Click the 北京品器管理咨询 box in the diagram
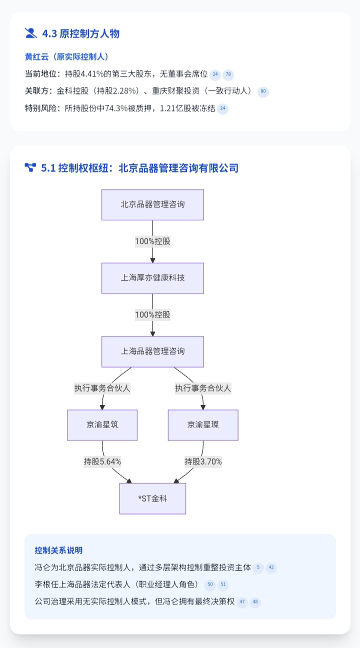point(152,205)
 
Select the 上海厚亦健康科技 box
point(152,278)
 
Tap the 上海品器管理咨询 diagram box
point(152,352)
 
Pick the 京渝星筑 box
point(102,425)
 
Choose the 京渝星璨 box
point(203,425)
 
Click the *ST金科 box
point(152,499)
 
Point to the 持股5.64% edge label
point(102,462)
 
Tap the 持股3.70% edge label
point(203,462)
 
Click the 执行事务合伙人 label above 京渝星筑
point(102,388)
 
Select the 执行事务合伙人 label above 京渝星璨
point(203,388)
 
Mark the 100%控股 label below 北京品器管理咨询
point(152,241)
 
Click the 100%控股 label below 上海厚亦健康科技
point(152,315)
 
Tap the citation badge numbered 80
point(263,92)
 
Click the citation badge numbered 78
point(228,75)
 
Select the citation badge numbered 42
point(271,568)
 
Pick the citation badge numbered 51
point(223,585)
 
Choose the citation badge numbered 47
point(242,602)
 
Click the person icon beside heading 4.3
point(31,33)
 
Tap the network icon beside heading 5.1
point(30,167)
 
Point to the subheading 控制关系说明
point(58,551)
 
